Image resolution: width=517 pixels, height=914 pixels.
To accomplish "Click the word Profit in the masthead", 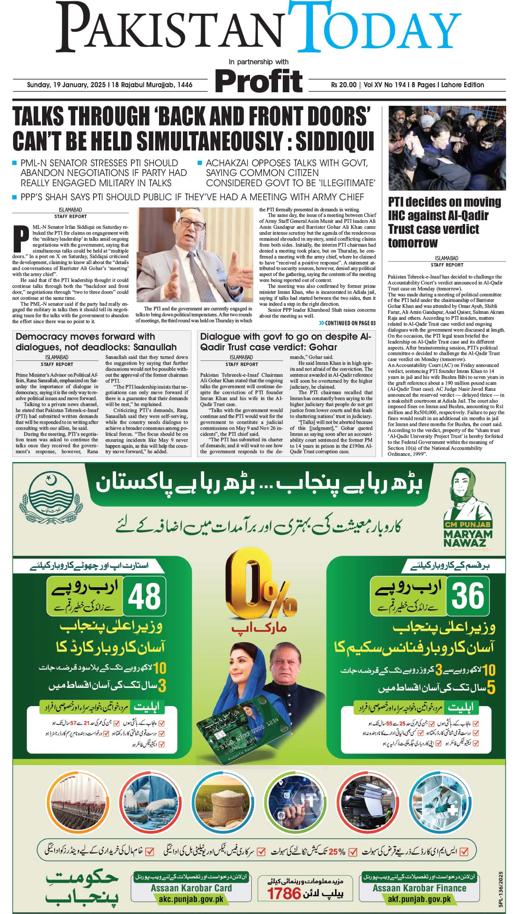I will click(x=258, y=80).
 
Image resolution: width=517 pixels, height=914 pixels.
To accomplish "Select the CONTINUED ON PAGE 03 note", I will click(x=347, y=323).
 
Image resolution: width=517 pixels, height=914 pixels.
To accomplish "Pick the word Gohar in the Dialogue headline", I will click(x=323, y=347).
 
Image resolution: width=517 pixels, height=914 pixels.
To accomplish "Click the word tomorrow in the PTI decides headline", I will click(x=412, y=243).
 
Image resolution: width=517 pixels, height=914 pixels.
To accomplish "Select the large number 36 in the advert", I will click(x=467, y=596).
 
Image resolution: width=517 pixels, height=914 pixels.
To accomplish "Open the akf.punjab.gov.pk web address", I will click(x=419, y=899).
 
